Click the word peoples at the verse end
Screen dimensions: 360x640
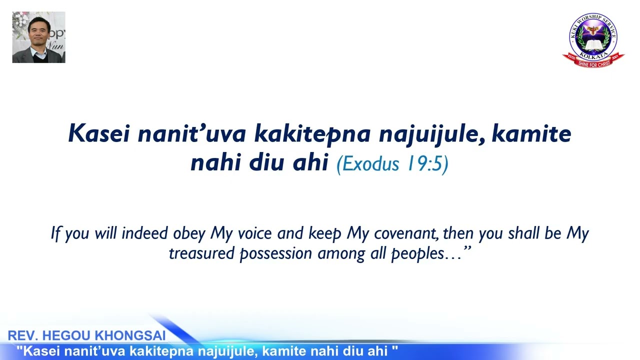pyautogui.click(x=417, y=254)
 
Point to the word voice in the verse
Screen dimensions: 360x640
pyautogui.click(x=253, y=233)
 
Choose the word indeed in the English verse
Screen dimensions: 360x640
pyautogui.click(x=145, y=233)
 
